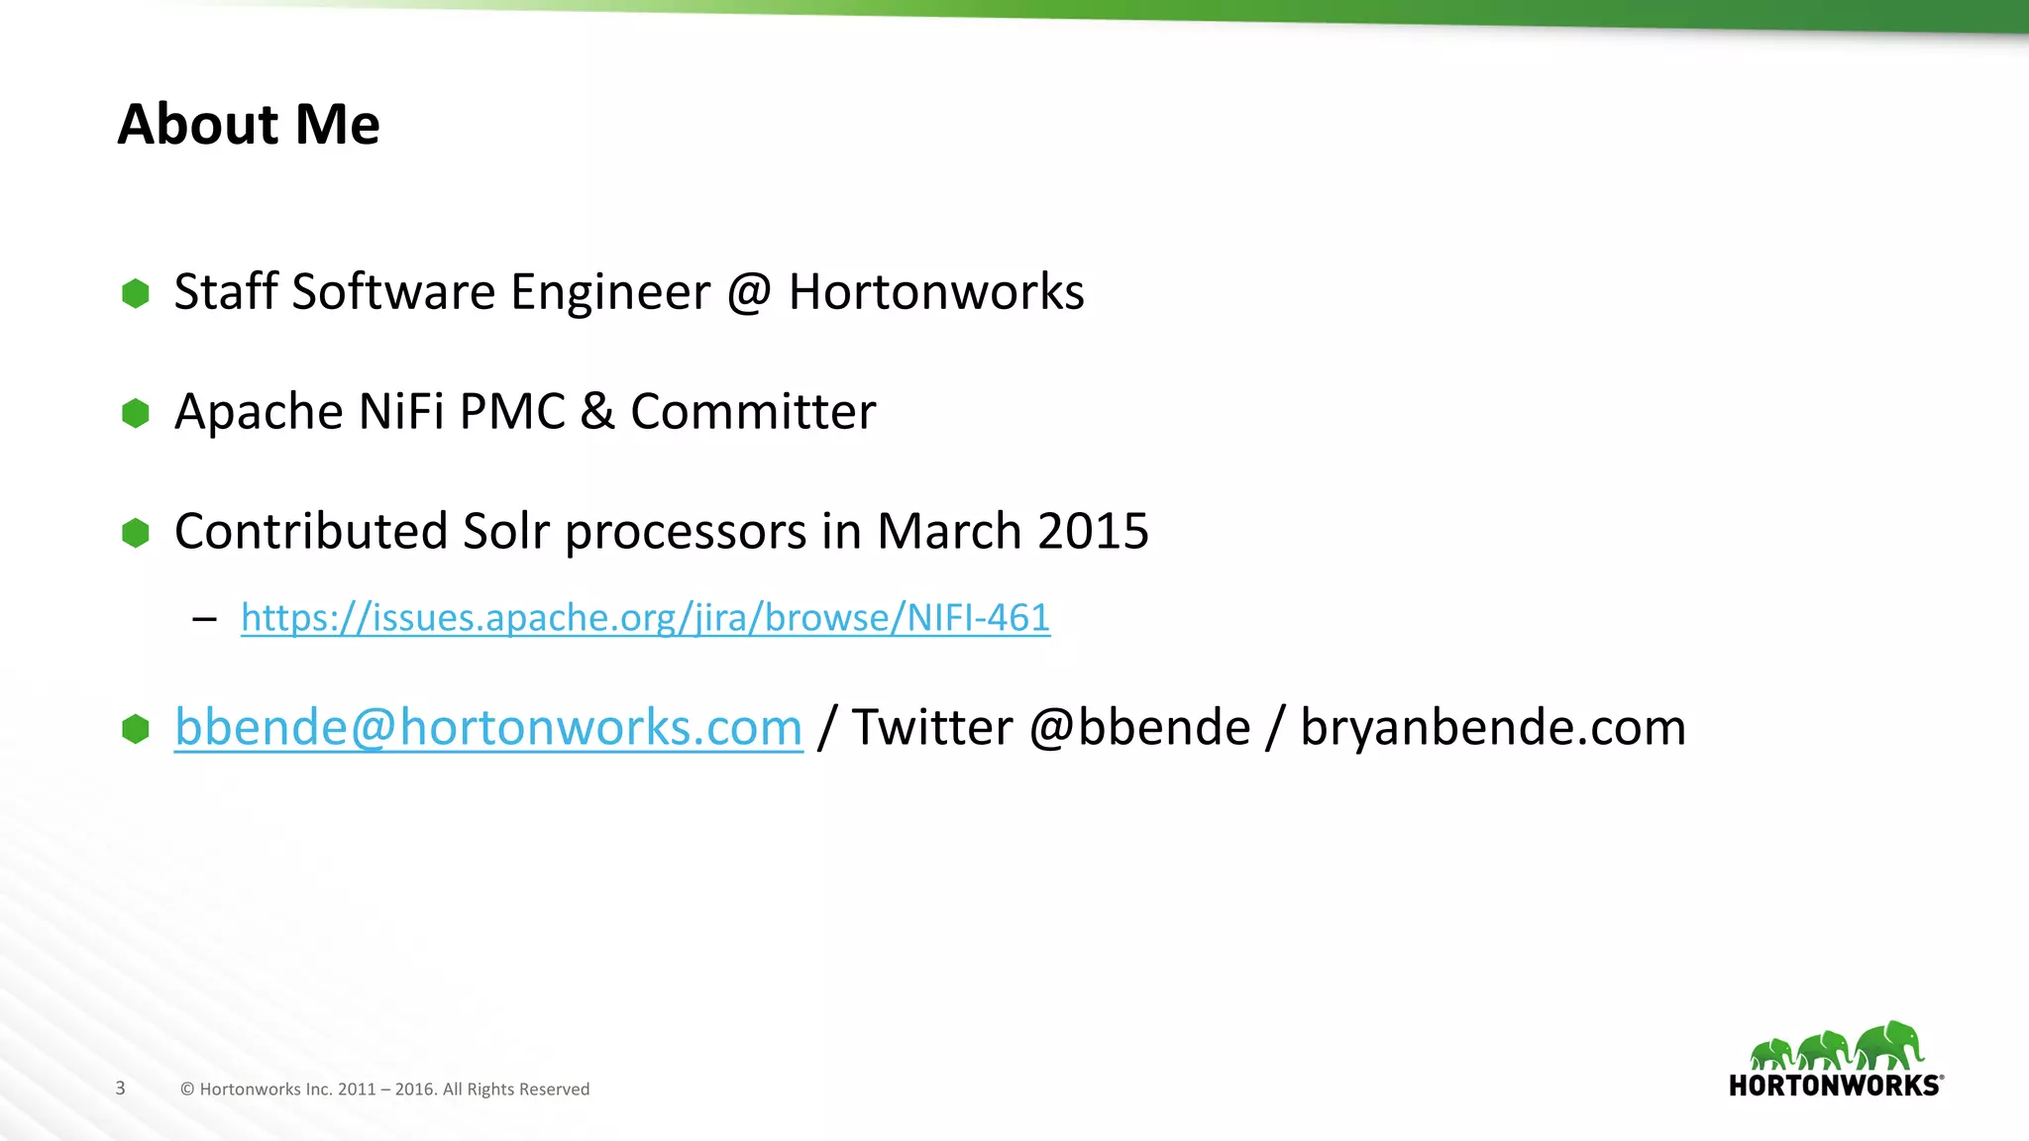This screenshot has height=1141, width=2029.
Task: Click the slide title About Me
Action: pyautogui.click(x=249, y=125)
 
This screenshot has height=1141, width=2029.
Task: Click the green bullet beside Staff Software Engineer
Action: pyautogui.click(x=136, y=293)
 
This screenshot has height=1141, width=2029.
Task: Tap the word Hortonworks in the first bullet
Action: pyautogui.click(x=936, y=292)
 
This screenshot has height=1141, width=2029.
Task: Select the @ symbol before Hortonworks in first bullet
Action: pyautogui.click(x=749, y=293)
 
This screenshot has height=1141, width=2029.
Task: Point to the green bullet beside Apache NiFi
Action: pyautogui.click(x=136, y=413)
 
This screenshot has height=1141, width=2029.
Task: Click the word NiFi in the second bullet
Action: pyautogui.click(x=401, y=412)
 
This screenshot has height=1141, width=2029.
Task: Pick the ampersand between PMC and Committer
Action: pyautogui.click(x=597, y=412)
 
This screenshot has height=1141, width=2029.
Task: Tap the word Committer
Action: pyautogui.click(x=753, y=412)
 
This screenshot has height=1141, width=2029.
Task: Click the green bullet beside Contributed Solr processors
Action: pyautogui.click(x=136, y=533)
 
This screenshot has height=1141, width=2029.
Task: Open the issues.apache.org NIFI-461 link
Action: pyautogui.click(x=645, y=618)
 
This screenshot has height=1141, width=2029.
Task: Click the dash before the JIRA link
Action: pyautogui.click(x=205, y=620)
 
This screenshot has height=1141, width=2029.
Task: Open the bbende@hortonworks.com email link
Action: pyautogui.click(x=488, y=728)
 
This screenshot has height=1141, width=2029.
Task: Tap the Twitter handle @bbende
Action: pyautogui.click(x=1139, y=728)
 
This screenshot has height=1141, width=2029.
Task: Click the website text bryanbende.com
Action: pyautogui.click(x=1492, y=728)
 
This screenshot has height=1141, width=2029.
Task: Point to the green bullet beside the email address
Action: pyautogui.click(x=136, y=729)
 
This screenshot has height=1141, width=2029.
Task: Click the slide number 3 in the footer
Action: pyautogui.click(x=121, y=1089)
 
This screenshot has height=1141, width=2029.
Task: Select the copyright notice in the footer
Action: pyautogui.click(x=384, y=1089)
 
